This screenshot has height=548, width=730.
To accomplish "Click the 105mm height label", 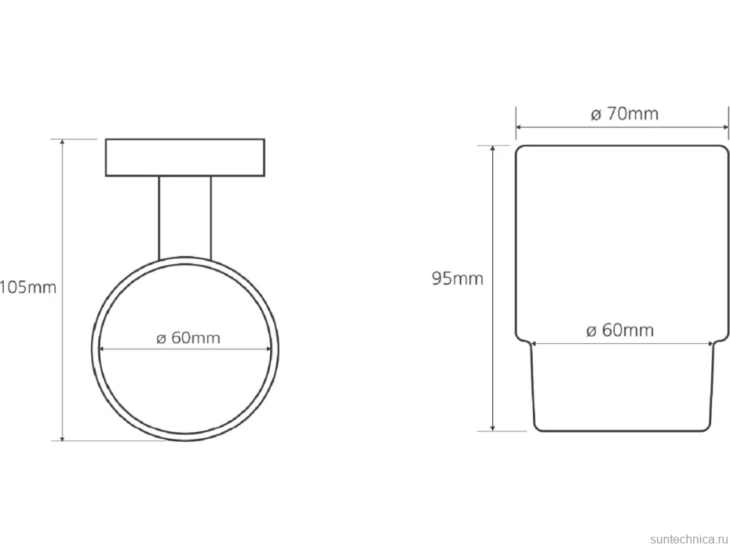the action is tap(28, 288).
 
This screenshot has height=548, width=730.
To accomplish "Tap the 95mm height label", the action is tap(458, 279).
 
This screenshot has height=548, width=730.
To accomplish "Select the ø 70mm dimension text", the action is tap(625, 114).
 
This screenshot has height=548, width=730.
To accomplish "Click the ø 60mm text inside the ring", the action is tap(188, 337).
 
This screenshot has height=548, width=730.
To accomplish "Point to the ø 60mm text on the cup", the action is tap(620, 330).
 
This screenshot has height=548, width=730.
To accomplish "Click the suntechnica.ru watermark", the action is tap(689, 539).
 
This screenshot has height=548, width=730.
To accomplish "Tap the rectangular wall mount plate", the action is tap(185, 157).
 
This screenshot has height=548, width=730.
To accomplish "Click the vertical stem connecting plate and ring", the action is tap(185, 218).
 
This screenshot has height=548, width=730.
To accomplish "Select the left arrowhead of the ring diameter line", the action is tap(102, 349).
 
